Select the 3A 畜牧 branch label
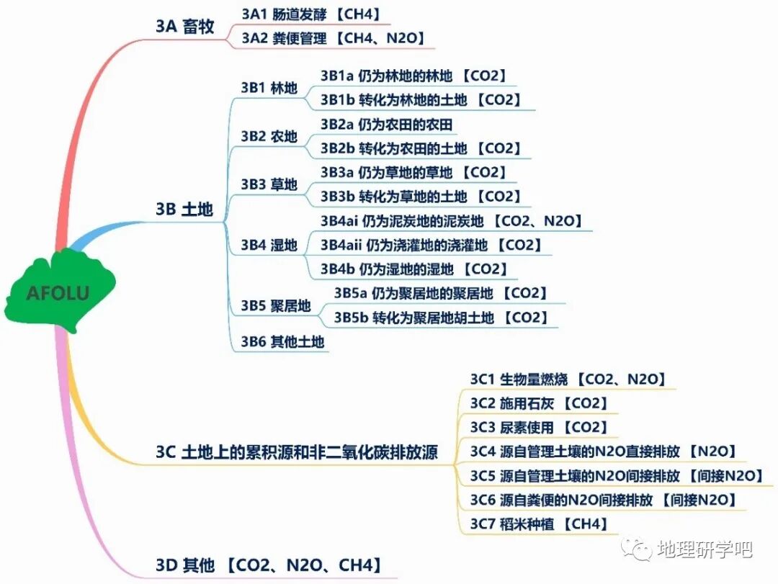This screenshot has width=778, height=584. (x=184, y=26)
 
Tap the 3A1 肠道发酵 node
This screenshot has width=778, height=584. (x=310, y=14)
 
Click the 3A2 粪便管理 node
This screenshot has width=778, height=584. (x=332, y=38)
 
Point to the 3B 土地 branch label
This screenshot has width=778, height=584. (x=184, y=210)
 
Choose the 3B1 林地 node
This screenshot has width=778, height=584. (x=269, y=89)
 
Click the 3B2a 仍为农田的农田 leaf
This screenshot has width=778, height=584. (x=387, y=125)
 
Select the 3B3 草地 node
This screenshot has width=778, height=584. (x=269, y=184)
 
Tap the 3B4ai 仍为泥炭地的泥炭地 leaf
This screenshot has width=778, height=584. (x=451, y=221)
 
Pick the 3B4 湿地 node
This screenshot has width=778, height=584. (x=269, y=246)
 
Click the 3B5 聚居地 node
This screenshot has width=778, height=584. (x=275, y=306)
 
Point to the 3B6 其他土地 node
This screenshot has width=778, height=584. (x=282, y=342)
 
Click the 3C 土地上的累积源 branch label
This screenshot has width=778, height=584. (x=296, y=452)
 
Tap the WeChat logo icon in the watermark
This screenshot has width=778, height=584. (x=640, y=549)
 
